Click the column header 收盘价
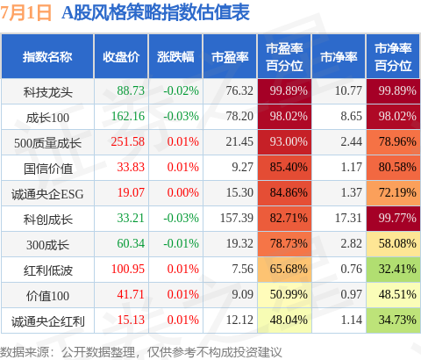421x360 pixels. (x=121, y=57)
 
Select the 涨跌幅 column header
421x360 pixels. (x=175, y=57)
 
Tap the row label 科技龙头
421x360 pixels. (x=48, y=92)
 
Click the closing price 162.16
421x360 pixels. (x=128, y=116)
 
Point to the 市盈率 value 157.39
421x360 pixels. (x=237, y=218)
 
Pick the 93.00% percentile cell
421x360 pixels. (x=284, y=142)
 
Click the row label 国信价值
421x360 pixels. (x=48, y=169)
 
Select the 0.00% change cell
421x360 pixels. (x=183, y=192)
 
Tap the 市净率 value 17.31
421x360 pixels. (x=348, y=218)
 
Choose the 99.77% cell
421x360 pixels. (x=393, y=219)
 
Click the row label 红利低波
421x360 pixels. (x=48, y=270)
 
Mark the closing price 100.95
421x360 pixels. (x=128, y=269)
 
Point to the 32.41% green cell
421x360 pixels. (x=393, y=270)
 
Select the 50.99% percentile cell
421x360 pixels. (x=284, y=295)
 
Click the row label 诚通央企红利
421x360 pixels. (x=48, y=321)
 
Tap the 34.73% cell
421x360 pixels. (x=393, y=320)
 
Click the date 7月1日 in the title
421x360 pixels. (x=25, y=13)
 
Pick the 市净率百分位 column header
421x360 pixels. (x=393, y=57)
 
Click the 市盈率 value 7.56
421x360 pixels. (x=243, y=269)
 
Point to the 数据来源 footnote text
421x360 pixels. (x=141, y=352)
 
